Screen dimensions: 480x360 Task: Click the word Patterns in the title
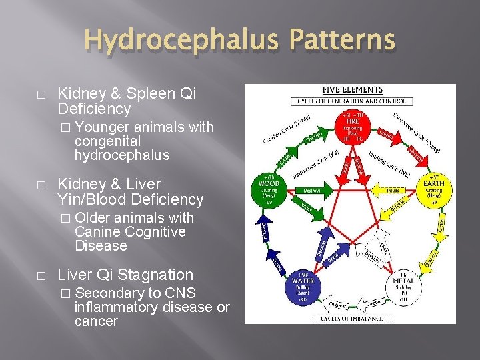(x=339, y=41)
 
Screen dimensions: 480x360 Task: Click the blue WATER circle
(x=301, y=286)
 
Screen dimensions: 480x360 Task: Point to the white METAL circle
(x=403, y=286)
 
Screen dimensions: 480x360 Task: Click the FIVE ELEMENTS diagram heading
(x=352, y=90)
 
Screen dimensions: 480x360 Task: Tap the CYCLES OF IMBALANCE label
(x=352, y=319)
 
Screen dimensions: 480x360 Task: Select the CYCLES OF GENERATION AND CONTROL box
(x=352, y=101)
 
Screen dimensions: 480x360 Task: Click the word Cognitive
(x=151, y=232)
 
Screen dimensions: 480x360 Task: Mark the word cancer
(x=96, y=322)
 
